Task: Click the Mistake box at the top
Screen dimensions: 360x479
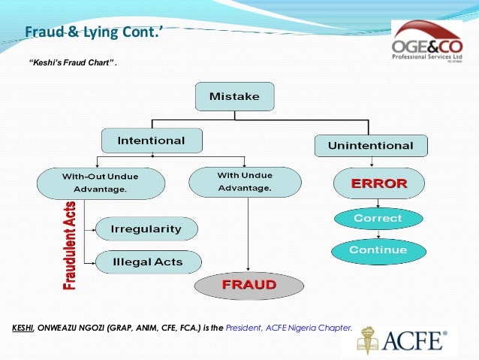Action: [234, 96]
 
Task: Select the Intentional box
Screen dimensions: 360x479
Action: [152, 141]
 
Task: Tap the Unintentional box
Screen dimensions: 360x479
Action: [370, 145]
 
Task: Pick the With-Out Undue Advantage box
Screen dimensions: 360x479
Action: [101, 183]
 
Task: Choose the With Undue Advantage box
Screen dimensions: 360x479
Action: [245, 181]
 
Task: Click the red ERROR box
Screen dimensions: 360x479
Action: [378, 183]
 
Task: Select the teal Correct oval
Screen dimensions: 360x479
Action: [378, 219]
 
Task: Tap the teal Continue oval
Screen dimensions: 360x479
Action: [378, 250]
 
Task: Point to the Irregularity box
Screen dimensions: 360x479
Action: [146, 228]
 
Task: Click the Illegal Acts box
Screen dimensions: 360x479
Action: [148, 262]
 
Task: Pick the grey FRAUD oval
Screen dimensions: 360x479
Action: [249, 286]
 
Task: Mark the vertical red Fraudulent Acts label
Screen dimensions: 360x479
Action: [70, 246]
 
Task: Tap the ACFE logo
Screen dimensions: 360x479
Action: [399, 340]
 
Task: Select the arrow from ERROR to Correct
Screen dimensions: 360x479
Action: [378, 204]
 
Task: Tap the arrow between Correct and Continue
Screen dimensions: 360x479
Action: [378, 234]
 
